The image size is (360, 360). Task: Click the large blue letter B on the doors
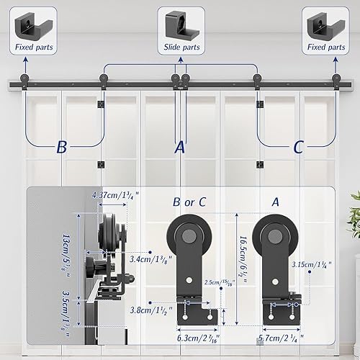click(62, 148)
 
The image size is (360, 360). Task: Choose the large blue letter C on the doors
click(298, 148)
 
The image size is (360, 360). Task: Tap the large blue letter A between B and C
click(180, 148)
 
